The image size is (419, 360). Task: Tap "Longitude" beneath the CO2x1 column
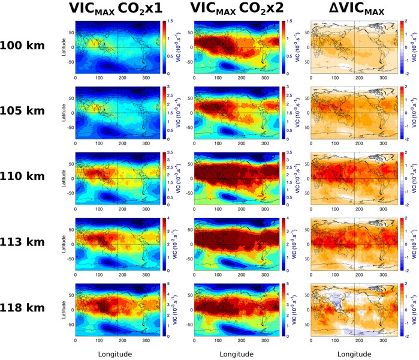point(116,353)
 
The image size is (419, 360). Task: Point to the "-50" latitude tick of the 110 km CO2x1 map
point(70,194)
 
